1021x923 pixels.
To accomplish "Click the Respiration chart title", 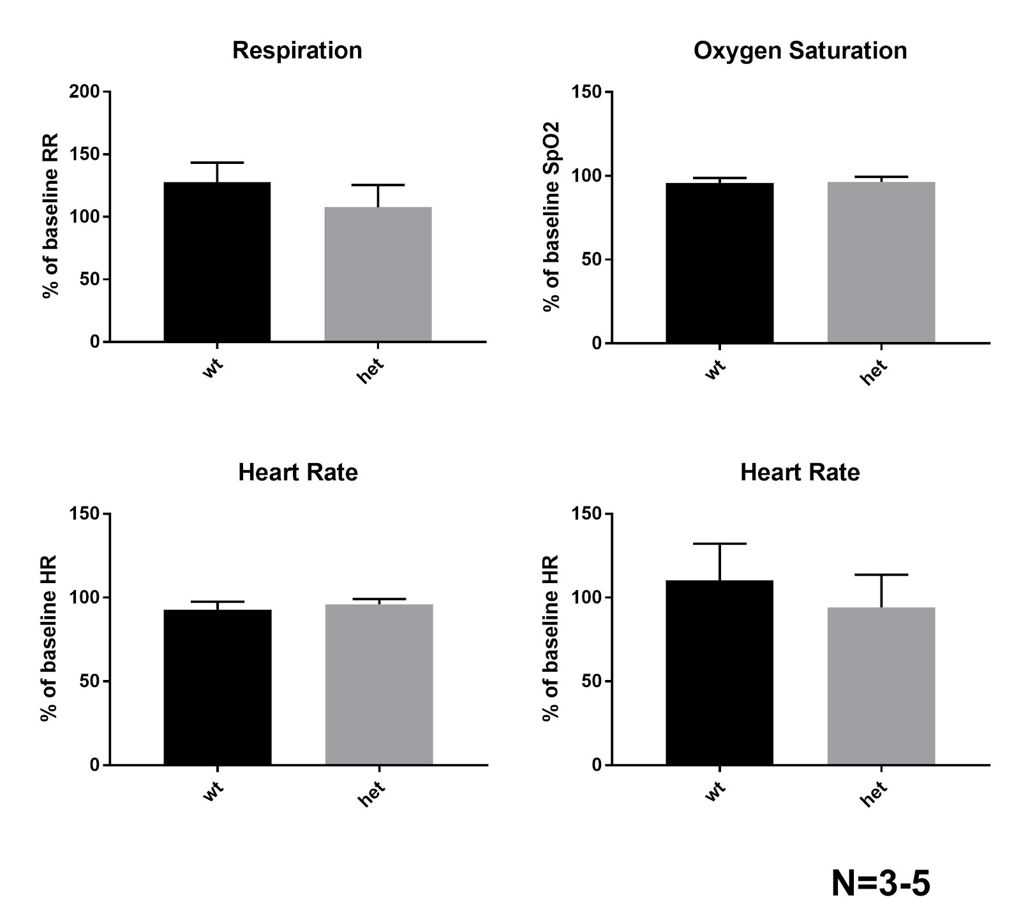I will pyautogui.click(x=297, y=50).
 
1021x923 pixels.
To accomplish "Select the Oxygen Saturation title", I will pyautogui.click(x=800, y=50).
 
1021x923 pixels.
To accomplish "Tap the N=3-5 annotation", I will pyautogui.click(x=881, y=884).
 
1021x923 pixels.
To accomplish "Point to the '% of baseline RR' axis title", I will pyautogui.click(x=50, y=216).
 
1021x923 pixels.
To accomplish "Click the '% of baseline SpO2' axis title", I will pyautogui.click(x=552, y=217).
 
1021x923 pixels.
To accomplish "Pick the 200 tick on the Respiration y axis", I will pyautogui.click(x=85, y=92).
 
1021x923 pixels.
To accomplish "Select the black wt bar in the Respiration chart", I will pyautogui.click(x=217, y=262).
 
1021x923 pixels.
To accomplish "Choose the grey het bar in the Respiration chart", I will pyautogui.click(x=378, y=274).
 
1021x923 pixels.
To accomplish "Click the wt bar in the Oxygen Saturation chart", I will pyautogui.click(x=719, y=263).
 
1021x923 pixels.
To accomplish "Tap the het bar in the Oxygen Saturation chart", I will pyautogui.click(x=881, y=262).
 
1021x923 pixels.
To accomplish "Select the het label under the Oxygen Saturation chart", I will pyautogui.click(x=874, y=373).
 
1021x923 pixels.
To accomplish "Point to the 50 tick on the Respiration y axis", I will pyautogui.click(x=92, y=279).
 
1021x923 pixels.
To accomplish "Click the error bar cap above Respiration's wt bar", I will pyautogui.click(x=217, y=163).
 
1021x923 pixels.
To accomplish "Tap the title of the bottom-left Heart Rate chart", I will pyautogui.click(x=297, y=473).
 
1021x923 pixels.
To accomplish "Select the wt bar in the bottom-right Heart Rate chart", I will pyautogui.click(x=719, y=672).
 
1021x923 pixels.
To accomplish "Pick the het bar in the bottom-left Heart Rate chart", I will pyautogui.click(x=379, y=684).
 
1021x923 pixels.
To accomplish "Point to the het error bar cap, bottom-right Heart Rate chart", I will pyautogui.click(x=881, y=575).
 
